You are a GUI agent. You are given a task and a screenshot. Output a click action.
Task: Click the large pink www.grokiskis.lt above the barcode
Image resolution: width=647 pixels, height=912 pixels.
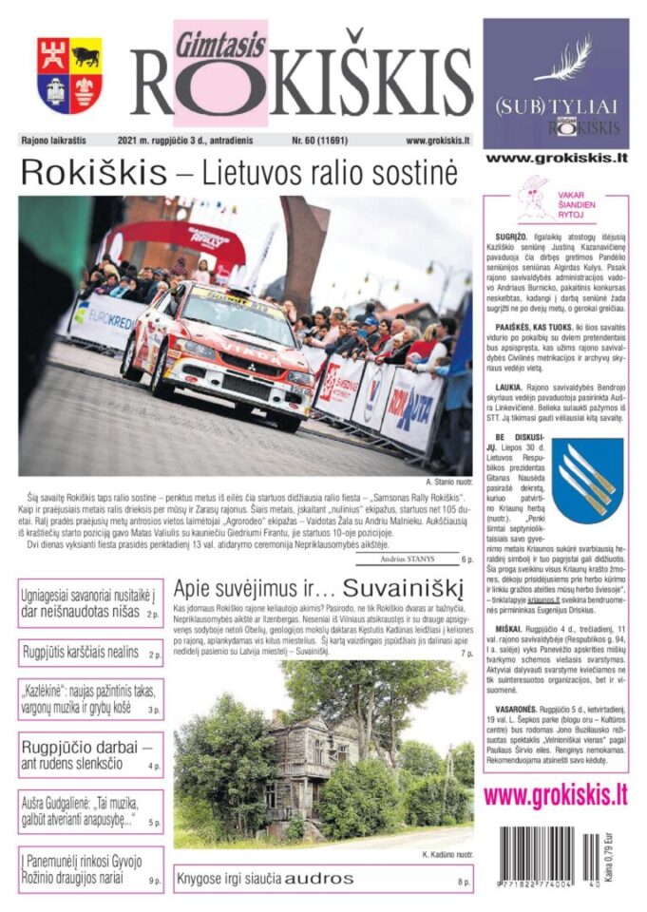pyautogui.click(x=555, y=794)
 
